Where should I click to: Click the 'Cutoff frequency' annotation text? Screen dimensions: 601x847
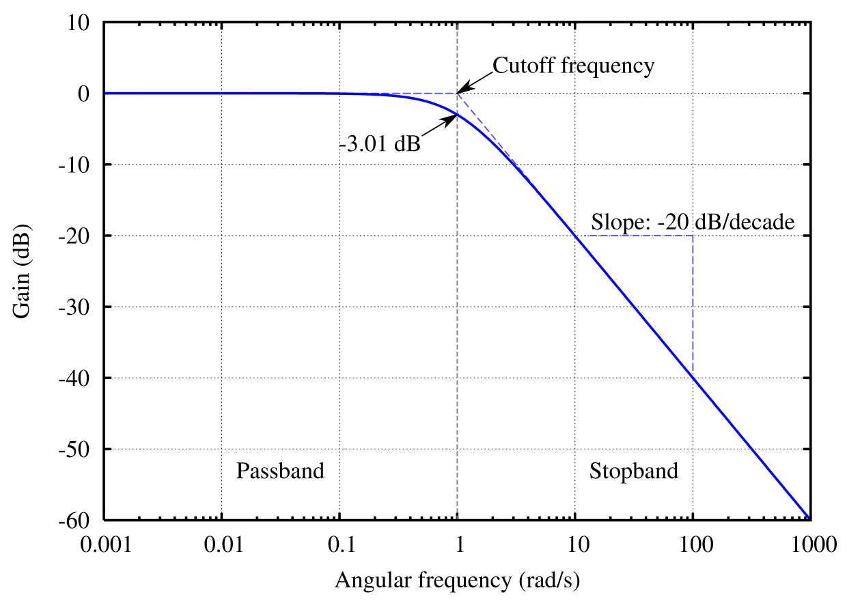tap(573, 66)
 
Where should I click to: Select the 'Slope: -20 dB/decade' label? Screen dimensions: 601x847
tap(693, 223)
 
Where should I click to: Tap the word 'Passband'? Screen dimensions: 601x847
tap(280, 471)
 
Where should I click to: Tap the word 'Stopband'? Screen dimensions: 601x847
tap(634, 471)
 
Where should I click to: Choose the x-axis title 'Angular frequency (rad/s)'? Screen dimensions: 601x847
tap(457, 581)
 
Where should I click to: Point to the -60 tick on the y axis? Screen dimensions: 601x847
tap(76, 520)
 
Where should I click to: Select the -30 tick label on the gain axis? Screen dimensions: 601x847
tap(76, 307)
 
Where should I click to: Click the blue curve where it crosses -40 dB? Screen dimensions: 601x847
tap(693, 378)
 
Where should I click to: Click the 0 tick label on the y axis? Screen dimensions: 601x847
tap(85, 94)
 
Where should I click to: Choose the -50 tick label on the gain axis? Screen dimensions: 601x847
tap(76, 449)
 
